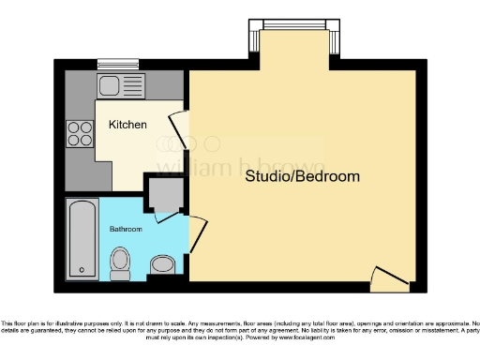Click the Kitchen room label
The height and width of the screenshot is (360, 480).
coord(127,125)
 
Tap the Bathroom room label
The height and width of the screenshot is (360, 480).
coord(125,228)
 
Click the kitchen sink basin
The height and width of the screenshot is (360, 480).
coord(109,87)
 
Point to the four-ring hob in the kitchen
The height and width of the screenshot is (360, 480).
coord(79,133)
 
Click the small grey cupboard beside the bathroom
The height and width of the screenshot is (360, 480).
coord(164,193)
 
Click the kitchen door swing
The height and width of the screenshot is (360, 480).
coord(179,127)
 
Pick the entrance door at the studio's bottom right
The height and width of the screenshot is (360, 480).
coord(388,276)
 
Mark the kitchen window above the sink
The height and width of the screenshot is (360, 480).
coord(115,63)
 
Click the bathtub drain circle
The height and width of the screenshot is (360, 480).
coord(82,270)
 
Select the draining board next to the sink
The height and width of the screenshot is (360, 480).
coord(132,87)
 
